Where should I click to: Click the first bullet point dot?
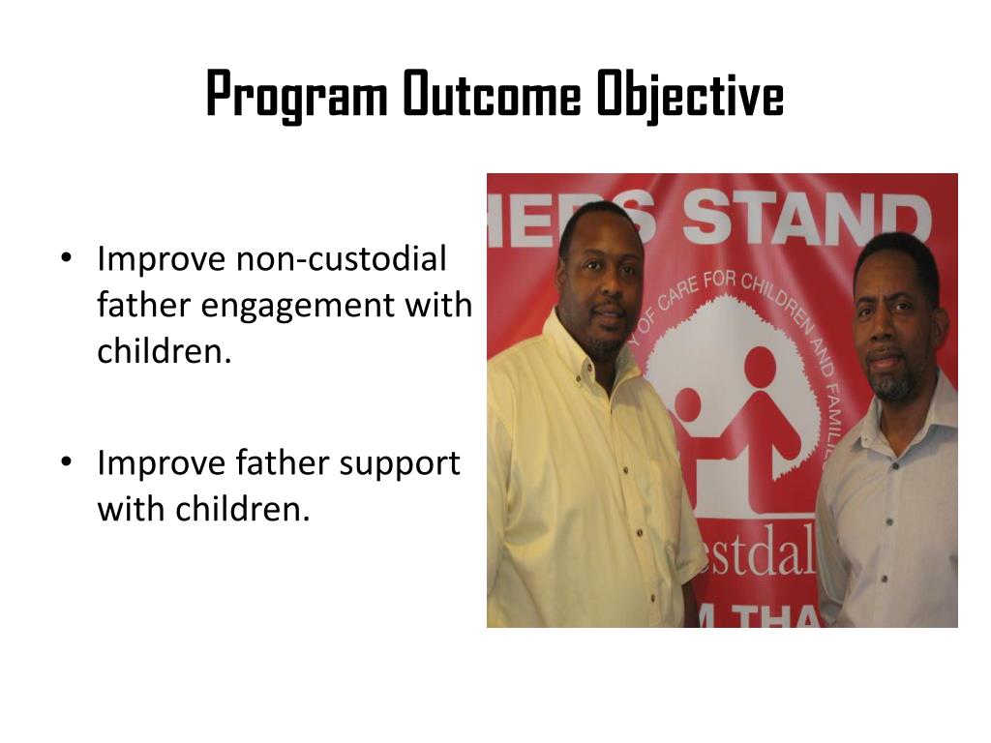66,259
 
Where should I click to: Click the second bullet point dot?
66,463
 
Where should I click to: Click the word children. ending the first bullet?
165,351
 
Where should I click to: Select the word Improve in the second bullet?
161,464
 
